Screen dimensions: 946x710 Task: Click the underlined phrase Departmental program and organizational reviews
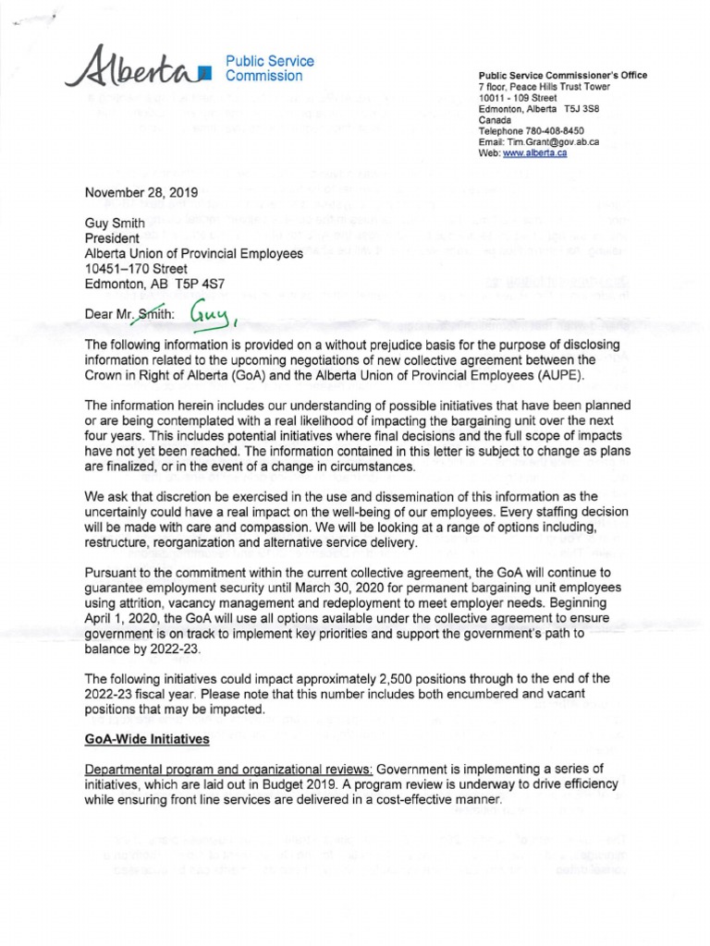(228, 770)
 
